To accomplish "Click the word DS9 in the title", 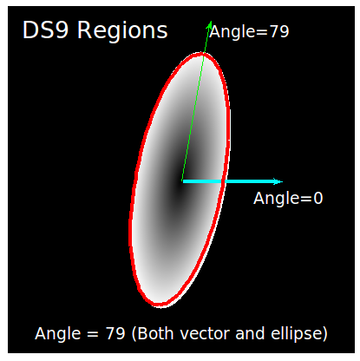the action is (45, 30).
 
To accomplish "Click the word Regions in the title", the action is (122, 31).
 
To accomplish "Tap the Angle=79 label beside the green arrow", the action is (249, 32).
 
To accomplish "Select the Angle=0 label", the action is (288, 199).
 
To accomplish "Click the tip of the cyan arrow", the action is (283, 181).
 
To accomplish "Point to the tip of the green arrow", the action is (211, 21).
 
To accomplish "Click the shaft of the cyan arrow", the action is (232, 181).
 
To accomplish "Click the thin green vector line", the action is (197, 101).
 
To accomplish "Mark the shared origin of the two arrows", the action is (182, 181).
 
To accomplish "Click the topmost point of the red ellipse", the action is (200, 53).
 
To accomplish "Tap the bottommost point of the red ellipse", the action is (159, 305).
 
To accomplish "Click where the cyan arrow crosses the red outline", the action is (223, 181).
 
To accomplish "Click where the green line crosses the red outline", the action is (205, 54).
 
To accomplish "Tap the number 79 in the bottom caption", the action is (115, 334).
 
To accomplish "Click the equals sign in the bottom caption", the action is (93, 335).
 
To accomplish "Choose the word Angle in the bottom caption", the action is (58, 335).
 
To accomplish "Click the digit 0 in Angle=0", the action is (318, 199).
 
